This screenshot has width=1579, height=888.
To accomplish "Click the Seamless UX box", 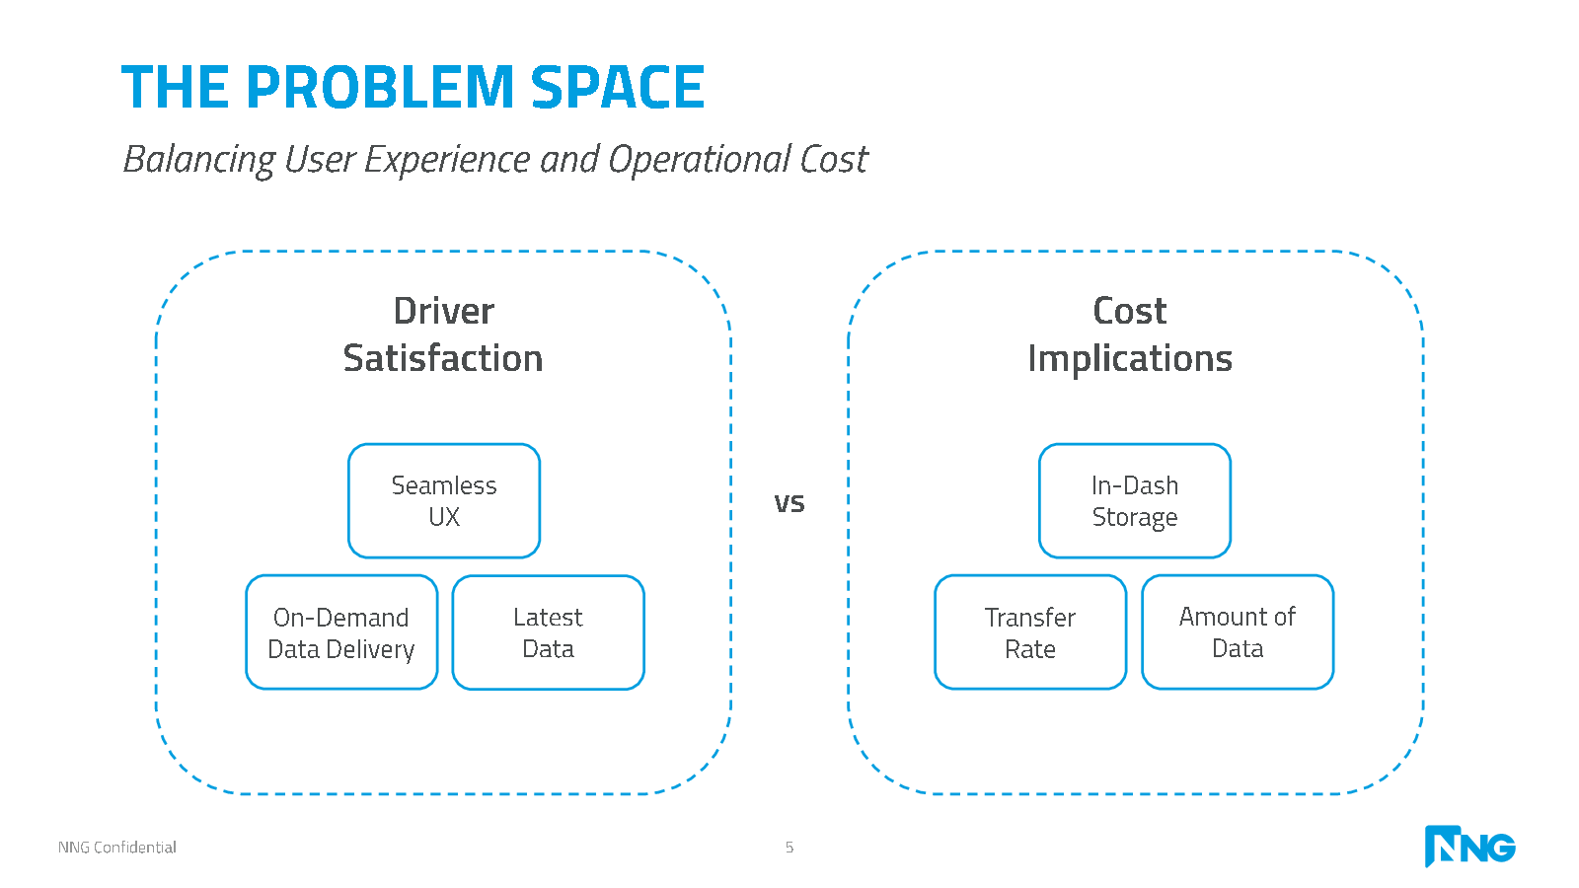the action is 444,500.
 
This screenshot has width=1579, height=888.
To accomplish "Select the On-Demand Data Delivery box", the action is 341,632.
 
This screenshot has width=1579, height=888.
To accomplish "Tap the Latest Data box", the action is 549,632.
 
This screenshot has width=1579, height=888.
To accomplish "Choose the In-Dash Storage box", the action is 1135,500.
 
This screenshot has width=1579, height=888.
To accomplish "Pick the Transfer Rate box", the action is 1030,632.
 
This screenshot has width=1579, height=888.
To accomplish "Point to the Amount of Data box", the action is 1238,632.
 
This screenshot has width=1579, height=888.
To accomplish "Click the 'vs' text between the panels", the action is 789,503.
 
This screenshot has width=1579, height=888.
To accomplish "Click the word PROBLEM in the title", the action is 380,87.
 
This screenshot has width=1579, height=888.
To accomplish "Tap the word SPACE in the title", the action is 618,87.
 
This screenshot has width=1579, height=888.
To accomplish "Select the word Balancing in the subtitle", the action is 199,160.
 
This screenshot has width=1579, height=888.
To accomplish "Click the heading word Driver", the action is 444,311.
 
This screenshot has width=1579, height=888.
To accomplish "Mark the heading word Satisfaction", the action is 443,358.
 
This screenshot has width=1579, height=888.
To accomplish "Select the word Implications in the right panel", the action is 1130,359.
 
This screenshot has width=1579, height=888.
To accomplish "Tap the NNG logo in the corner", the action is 1469,846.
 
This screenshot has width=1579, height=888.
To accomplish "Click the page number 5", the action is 789,848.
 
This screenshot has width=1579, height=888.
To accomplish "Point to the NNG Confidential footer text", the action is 117,848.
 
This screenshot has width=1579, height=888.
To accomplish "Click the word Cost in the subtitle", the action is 834,159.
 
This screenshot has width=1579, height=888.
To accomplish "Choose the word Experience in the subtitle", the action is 446,160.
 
